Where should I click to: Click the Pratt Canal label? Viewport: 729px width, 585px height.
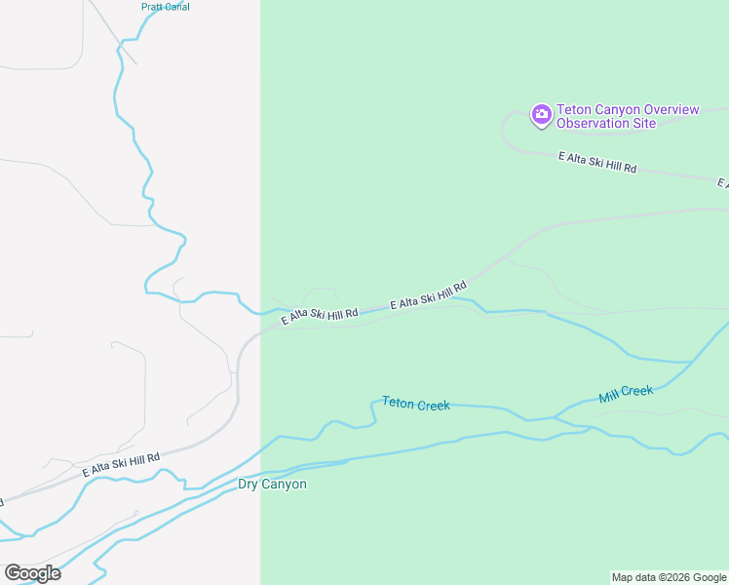point(165,7)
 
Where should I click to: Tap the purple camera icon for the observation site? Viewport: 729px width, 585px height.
point(541,116)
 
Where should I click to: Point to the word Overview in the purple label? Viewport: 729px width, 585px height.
point(665,109)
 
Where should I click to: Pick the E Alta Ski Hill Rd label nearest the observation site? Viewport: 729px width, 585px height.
point(596,162)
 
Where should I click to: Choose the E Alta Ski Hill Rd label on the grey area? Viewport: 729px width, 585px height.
point(121,464)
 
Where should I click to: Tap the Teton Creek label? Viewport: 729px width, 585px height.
point(416,403)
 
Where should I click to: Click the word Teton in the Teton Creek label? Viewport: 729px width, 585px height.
point(398,402)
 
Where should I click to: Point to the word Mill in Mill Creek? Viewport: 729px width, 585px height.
point(609,397)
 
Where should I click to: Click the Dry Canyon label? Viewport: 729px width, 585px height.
point(272,485)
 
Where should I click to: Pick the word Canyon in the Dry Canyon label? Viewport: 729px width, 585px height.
point(285,485)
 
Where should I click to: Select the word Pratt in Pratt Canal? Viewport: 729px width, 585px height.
point(152,7)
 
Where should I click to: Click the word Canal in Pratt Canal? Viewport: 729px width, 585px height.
point(176,7)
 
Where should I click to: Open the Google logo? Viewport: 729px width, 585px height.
point(32,573)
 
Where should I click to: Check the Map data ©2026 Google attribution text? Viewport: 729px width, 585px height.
point(669,577)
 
